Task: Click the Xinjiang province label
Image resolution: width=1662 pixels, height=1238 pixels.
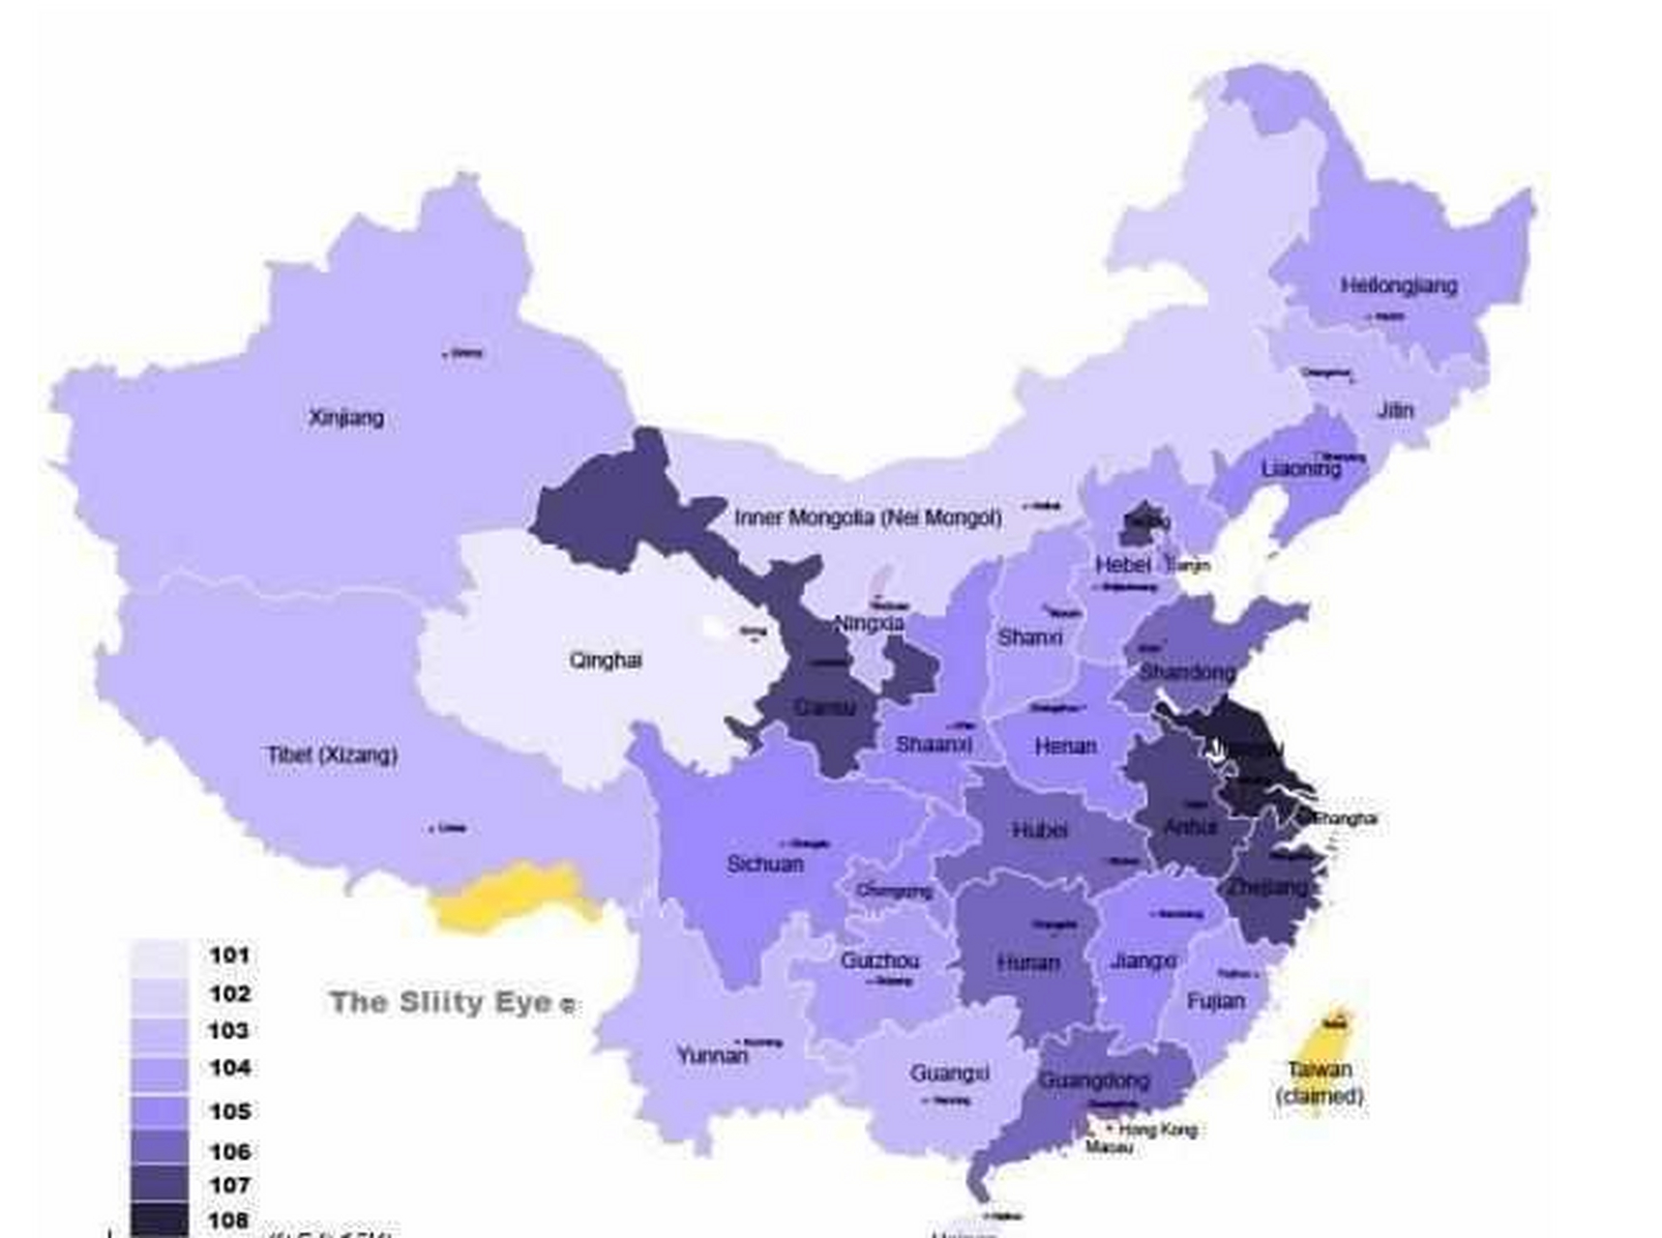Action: coord(346,418)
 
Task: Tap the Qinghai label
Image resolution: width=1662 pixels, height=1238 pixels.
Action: coord(606,661)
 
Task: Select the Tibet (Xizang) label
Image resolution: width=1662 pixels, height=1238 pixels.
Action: coord(332,754)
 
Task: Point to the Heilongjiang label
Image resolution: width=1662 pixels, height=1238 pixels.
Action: coord(1399,285)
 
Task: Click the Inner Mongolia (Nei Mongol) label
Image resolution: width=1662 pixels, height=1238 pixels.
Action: coord(868,517)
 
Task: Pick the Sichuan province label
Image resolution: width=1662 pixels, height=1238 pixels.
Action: coord(764,864)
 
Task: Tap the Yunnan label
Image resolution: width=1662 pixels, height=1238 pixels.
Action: coord(712,1055)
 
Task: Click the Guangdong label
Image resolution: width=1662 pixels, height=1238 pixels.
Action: coord(1093,1080)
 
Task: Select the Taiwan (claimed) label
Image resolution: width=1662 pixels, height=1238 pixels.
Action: coord(1320,1082)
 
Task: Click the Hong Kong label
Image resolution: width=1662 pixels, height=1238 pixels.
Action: coord(1158,1129)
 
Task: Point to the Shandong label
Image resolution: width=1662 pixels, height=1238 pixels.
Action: coord(1187,671)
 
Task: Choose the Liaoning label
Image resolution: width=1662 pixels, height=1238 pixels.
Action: coord(1301,469)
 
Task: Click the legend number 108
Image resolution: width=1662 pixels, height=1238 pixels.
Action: coord(229,1220)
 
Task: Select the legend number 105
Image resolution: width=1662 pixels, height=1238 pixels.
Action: coord(229,1111)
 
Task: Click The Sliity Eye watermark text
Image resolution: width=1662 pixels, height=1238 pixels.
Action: coord(443,1002)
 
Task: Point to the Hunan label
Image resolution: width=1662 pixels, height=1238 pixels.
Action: coord(1028,962)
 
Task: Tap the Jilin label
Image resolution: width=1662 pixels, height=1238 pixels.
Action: coord(1395,410)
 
